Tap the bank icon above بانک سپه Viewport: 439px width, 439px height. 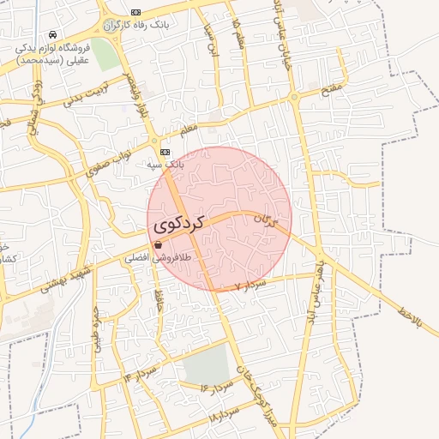[165, 151]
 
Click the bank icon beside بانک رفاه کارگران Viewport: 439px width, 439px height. [136, 12]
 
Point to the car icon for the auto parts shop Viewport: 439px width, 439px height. [53, 35]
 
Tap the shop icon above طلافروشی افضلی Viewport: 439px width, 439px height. [158, 245]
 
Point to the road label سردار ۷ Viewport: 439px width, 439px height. [250, 283]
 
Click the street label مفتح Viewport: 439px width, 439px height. [332, 87]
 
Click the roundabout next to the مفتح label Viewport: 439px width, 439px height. [295, 99]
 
